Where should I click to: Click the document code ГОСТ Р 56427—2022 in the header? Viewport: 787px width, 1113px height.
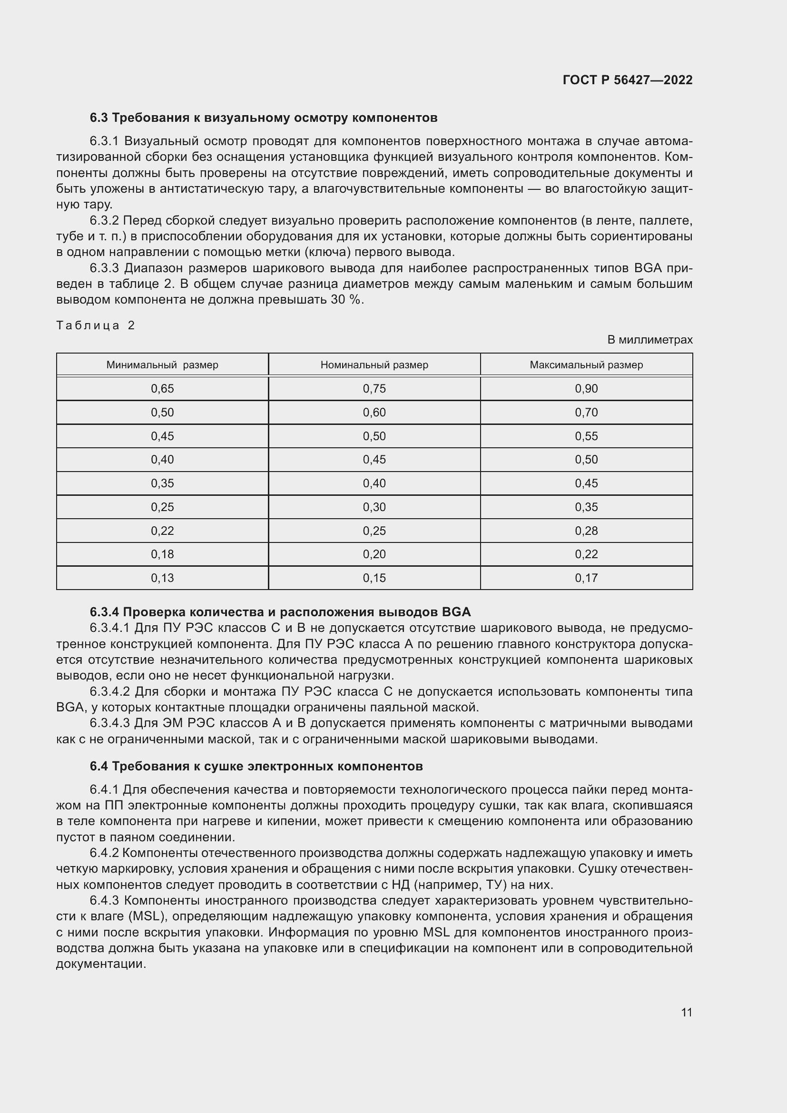click(x=627, y=80)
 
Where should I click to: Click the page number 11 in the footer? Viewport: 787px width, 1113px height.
click(x=686, y=1012)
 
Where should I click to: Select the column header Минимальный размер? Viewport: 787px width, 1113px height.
click(x=162, y=364)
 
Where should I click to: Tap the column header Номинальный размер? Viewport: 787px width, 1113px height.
click(x=374, y=364)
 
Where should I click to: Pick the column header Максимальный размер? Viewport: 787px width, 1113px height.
click(x=586, y=364)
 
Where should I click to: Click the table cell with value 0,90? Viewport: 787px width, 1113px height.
click(x=586, y=388)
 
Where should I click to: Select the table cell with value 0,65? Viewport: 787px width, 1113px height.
click(x=162, y=388)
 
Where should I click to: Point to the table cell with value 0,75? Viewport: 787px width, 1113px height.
click(x=374, y=388)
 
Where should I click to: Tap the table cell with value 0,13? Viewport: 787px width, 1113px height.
click(x=162, y=578)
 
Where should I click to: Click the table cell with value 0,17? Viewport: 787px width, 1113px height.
click(x=586, y=578)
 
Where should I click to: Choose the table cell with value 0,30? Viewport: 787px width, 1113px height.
click(x=374, y=507)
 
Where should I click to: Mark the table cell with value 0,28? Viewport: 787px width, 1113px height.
click(x=586, y=531)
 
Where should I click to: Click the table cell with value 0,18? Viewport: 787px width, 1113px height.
click(x=162, y=554)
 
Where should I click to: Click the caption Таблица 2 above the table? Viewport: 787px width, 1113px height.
click(x=96, y=325)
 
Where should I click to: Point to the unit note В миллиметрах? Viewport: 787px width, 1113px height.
click(x=649, y=340)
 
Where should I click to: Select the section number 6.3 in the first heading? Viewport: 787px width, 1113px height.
click(x=99, y=118)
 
